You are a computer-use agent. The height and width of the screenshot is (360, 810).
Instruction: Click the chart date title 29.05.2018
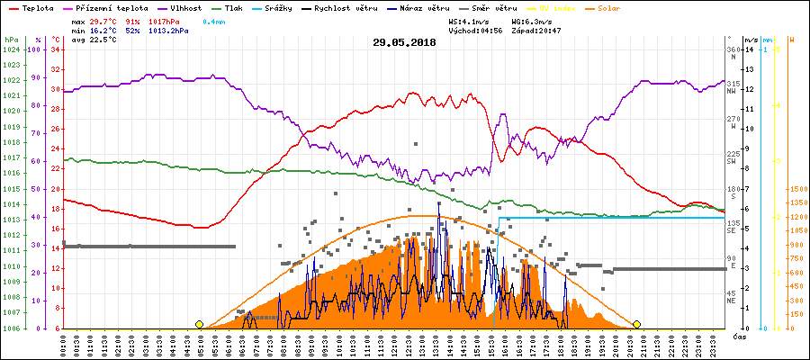tap(404, 41)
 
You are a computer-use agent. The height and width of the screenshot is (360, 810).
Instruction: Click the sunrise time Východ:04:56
tap(483, 30)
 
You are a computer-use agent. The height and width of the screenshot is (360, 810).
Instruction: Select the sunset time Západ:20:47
tap(535, 30)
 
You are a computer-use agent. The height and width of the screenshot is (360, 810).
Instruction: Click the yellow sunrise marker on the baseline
tap(199, 324)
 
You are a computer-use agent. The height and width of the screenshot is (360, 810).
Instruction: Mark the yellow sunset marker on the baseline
tap(636, 324)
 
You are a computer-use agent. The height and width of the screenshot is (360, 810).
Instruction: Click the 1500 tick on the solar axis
tap(797, 190)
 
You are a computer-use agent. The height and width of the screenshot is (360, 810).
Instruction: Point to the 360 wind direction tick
tap(731, 49)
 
